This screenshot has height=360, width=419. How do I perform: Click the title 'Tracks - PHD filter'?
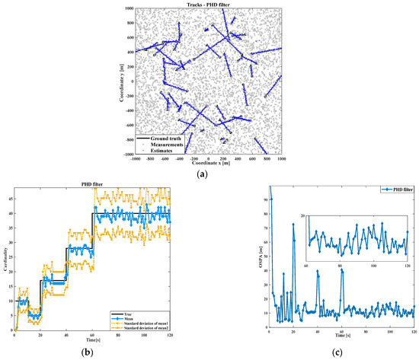(x=208, y=5)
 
